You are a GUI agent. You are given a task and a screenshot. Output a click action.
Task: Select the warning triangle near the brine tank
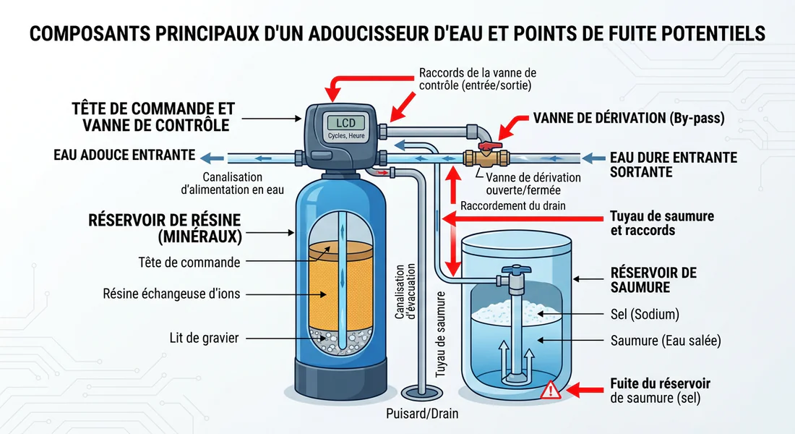551,391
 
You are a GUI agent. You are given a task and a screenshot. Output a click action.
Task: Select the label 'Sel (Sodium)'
645,315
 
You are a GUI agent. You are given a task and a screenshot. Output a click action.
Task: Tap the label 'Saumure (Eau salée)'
665,341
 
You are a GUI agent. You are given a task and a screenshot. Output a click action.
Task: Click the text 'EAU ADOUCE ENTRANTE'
124,155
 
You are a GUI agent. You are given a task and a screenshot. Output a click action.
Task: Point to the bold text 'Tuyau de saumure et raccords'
651,224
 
